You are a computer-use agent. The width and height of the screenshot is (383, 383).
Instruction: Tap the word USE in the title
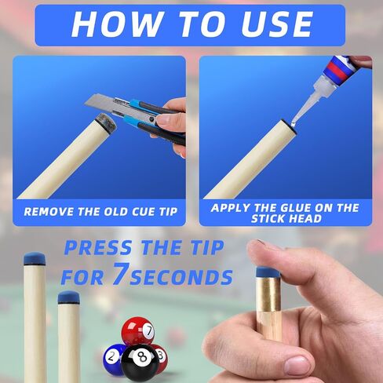click(277, 24)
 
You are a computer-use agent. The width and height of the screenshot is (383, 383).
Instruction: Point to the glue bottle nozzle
click(307, 101)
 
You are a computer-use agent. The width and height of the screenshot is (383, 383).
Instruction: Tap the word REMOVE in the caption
click(49, 212)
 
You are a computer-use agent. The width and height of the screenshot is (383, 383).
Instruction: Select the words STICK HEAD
click(286, 219)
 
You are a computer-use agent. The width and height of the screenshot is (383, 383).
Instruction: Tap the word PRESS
click(98, 248)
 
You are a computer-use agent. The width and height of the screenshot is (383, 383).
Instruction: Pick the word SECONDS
click(181, 277)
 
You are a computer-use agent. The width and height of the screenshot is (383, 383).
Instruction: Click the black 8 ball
click(140, 360)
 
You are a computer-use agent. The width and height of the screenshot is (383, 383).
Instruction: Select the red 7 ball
click(138, 330)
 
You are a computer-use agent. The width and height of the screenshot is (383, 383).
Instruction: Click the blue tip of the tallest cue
click(35, 259)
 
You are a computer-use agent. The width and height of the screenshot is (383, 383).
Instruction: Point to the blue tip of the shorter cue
click(68, 297)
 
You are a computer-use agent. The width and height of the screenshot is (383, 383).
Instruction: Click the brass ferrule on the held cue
click(268, 293)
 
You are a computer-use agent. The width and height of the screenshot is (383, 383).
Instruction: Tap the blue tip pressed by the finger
click(268, 272)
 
